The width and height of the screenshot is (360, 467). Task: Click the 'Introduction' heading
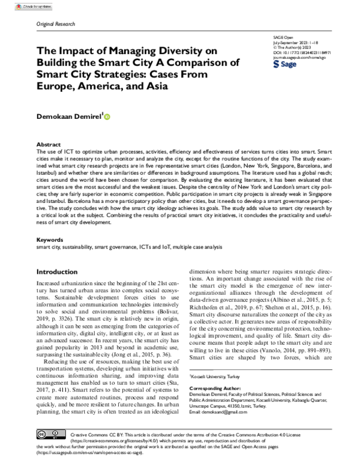[58, 272]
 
